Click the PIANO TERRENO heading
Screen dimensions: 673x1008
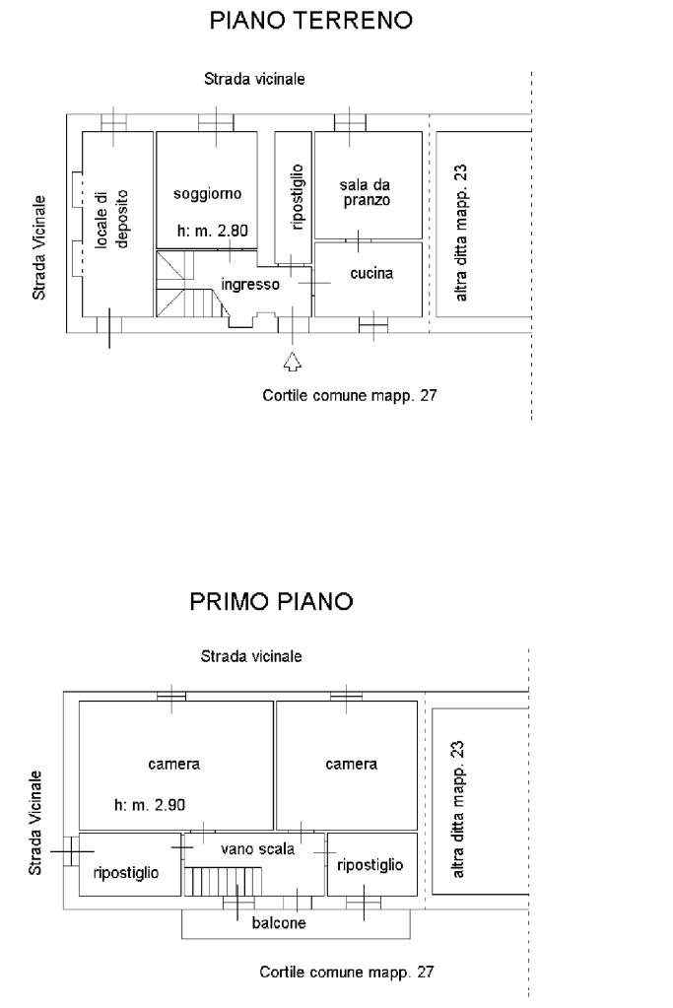[310, 21]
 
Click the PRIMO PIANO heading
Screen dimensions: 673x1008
[271, 602]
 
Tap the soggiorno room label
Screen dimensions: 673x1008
[207, 193]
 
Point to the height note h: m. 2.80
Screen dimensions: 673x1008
[212, 231]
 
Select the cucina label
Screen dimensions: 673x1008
[371, 273]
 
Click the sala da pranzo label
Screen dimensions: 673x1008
[366, 192]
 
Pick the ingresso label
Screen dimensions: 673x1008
[250, 284]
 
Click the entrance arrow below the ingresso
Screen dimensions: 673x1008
[293, 362]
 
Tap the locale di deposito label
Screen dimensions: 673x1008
[111, 219]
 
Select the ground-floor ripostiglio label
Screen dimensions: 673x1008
[297, 197]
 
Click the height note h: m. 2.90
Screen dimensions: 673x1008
[150, 804]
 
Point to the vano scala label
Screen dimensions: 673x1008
[257, 849]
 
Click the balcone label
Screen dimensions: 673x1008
[278, 923]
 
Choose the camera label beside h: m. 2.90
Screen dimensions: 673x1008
[173, 764]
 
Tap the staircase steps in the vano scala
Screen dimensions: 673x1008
[223, 881]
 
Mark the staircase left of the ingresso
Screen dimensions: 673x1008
[189, 284]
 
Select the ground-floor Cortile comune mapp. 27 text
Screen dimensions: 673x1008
[349, 395]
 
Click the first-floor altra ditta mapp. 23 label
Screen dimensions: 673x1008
[457, 809]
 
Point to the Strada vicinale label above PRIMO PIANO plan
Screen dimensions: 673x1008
[250, 656]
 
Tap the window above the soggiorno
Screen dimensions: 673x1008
[216, 122]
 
